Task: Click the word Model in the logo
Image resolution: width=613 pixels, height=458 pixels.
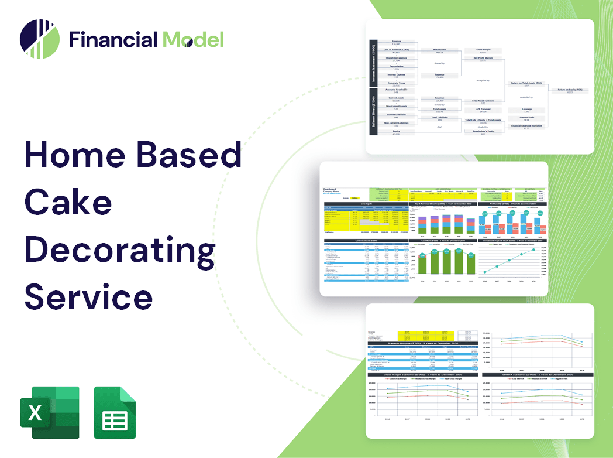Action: point(193,39)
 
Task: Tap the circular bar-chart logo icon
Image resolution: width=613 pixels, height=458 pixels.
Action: point(39,39)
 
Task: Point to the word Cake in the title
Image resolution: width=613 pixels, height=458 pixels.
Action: point(68,203)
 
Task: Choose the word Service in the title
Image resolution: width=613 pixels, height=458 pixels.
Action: point(88,296)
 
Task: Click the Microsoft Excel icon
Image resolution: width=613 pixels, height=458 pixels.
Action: point(49,412)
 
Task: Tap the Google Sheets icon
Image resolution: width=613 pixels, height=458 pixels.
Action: point(115,412)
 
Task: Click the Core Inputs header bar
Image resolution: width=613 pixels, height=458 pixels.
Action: point(366,204)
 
